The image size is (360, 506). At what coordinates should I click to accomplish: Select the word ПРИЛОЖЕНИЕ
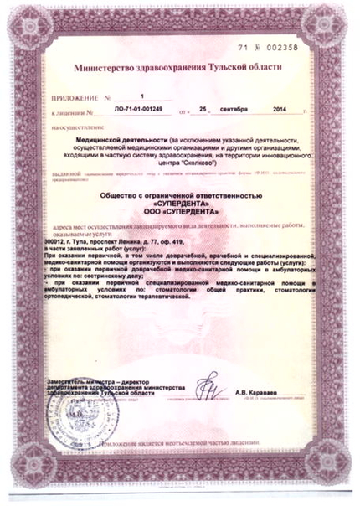71,98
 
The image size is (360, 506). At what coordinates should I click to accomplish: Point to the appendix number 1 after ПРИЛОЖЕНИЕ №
143,98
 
